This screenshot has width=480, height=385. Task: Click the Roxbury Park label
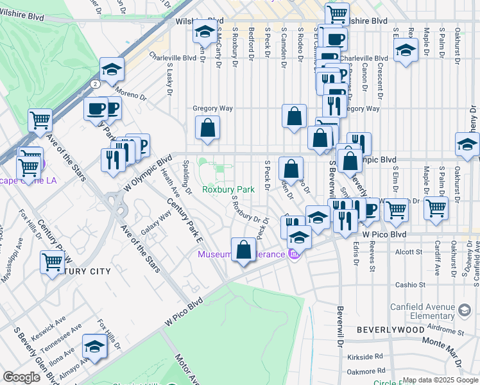click(x=228, y=189)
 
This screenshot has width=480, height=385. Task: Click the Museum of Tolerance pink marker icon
click(x=295, y=255)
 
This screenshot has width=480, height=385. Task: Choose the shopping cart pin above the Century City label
click(x=51, y=261)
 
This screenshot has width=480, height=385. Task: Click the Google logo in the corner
click(x=22, y=378)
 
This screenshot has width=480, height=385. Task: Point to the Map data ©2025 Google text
click(x=440, y=380)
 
